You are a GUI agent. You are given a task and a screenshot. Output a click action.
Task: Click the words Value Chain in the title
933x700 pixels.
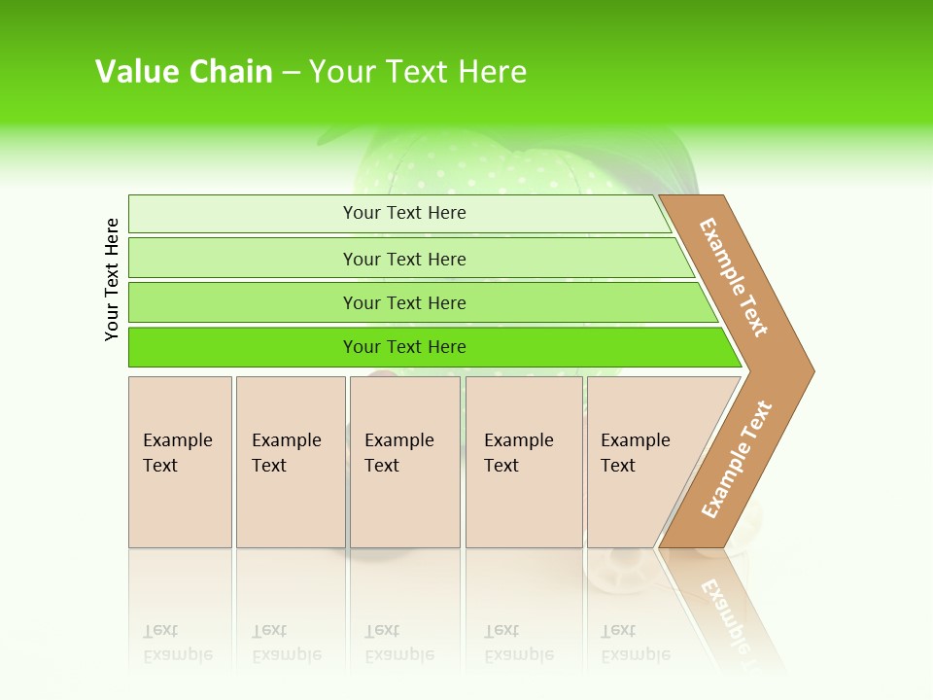point(184,72)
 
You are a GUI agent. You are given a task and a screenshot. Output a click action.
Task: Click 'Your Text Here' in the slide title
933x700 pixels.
point(418,72)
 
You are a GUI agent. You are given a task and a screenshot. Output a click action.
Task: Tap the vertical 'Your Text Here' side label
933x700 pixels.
point(112,279)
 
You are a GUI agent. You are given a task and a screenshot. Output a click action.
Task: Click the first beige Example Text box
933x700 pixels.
point(180,462)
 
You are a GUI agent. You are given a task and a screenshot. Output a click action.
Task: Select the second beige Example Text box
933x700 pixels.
point(291,462)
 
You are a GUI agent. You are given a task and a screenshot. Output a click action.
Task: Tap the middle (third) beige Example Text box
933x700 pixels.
point(404,462)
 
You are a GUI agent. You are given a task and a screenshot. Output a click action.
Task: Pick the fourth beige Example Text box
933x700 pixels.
point(524,462)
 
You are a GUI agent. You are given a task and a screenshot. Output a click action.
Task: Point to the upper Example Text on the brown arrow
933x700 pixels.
point(734,277)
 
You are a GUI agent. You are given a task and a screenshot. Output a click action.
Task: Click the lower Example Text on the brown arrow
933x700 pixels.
point(737,459)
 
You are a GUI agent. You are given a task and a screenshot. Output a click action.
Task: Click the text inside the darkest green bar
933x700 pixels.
point(404,347)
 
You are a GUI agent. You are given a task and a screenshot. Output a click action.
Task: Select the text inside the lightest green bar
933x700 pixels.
point(404,213)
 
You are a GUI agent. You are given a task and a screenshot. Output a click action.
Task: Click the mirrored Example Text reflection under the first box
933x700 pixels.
point(178,644)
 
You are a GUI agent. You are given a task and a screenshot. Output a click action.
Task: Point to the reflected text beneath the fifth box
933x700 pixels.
point(635,644)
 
